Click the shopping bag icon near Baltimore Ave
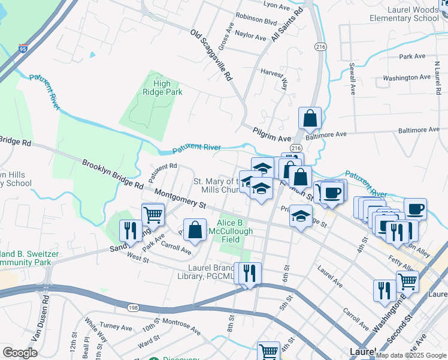pyautogui.click(x=310, y=119)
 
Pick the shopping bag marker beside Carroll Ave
pyautogui.click(x=195, y=229)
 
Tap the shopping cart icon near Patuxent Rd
pyautogui.click(x=153, y=214)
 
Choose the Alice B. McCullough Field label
pyautogui.click(x=231, y=230)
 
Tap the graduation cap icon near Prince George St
pyautogui.click(x=301, y=215)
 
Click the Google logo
pyautogui.click(x=20, y=352)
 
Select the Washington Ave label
pyautogui.click(x=407, y=78)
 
